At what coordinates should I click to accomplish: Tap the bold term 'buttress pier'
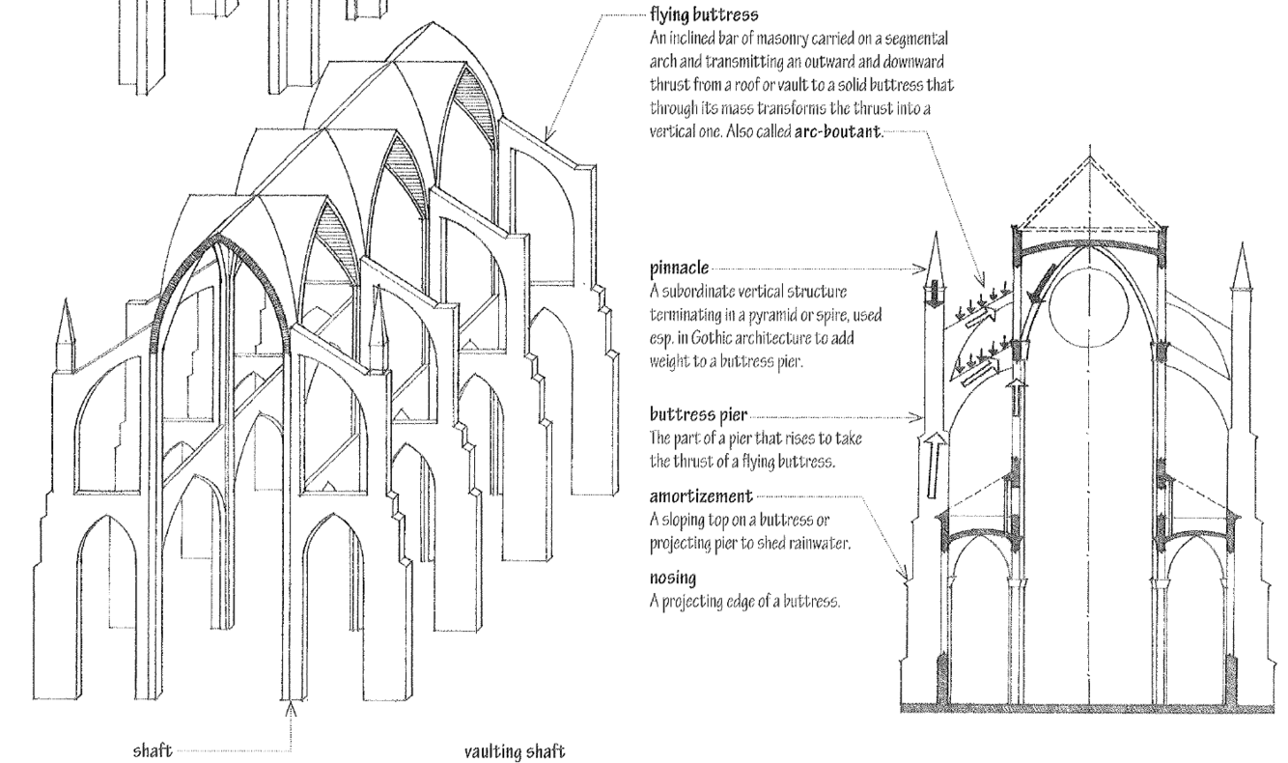[685, 416]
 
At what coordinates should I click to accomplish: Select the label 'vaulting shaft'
[512, 750]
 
